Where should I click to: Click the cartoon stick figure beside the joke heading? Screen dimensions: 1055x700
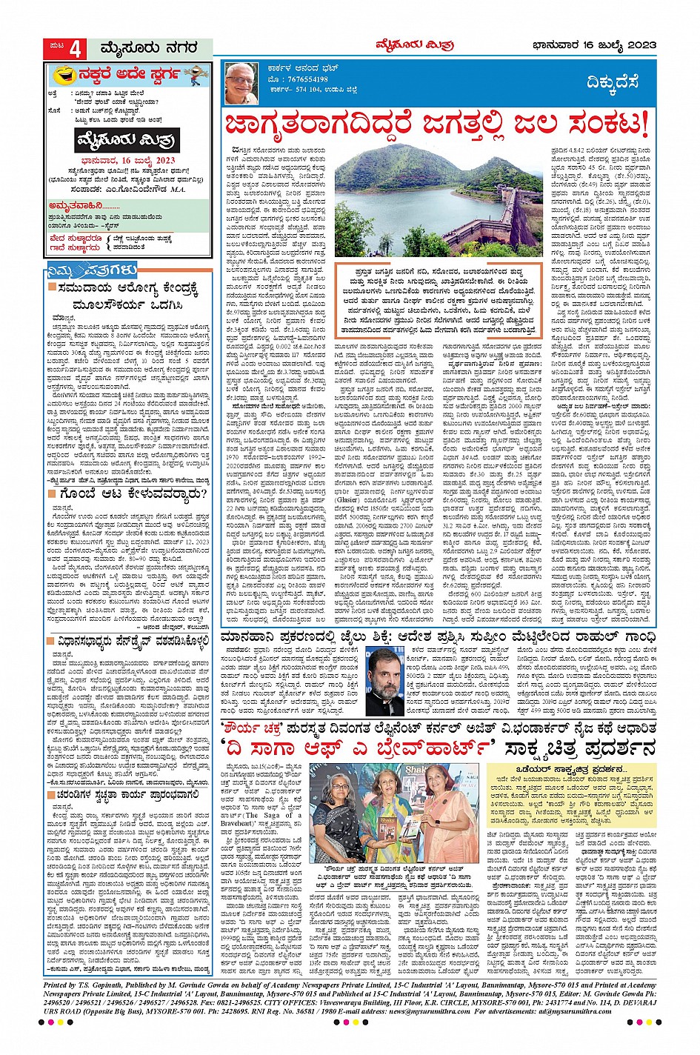pyautogui.click(x=195, y=76)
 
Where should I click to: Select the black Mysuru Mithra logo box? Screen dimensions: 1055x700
pyautogui.click(x=127, y=140)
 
